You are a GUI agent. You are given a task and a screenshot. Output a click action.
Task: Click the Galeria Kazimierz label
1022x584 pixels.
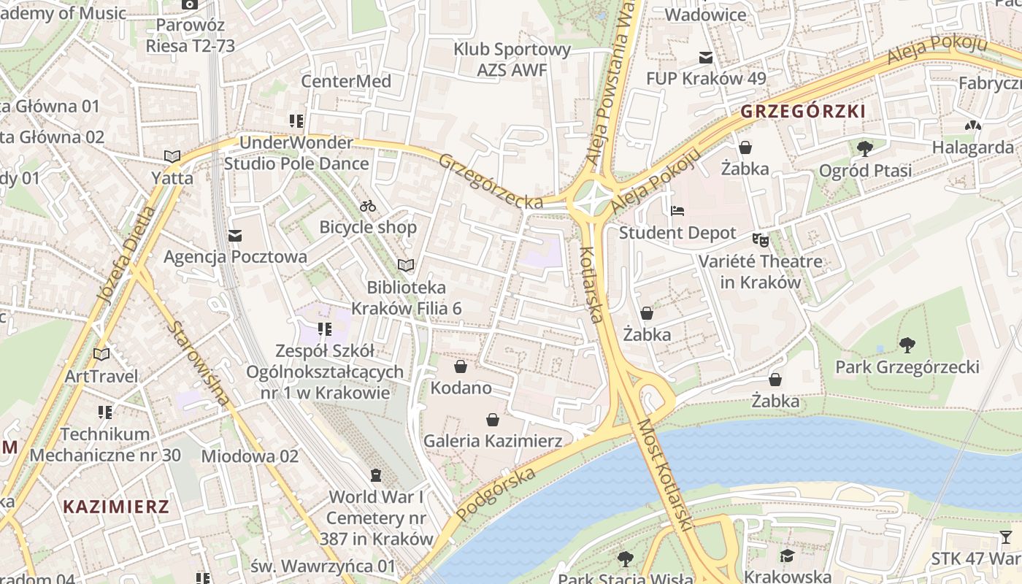tap(493, 441)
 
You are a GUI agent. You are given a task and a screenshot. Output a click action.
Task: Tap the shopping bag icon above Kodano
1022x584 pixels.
tap(461, 366)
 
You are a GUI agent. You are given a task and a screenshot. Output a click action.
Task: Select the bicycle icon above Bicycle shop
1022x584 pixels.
tap(368, 206)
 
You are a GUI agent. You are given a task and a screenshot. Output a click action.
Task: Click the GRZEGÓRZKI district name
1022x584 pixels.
tap(803, 112)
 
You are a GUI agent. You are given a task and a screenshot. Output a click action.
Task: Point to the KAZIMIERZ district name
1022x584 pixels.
tap(116, 507)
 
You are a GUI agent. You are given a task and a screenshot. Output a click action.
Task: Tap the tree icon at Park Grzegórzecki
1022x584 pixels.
tap(907, 345)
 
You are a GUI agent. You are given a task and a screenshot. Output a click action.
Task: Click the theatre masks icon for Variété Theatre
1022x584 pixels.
tap(761, 239)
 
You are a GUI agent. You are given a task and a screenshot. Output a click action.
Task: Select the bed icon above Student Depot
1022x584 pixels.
tap(677, 211)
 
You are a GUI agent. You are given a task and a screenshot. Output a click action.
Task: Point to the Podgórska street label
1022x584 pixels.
tap(496, 493)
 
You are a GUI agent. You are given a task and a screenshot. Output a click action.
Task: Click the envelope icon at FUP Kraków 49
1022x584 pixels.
tap(705, 57)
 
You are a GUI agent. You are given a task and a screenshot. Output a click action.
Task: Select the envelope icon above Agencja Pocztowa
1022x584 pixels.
tap(235, 236)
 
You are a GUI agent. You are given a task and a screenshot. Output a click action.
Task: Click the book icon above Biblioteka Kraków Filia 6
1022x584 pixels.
tap(406, 265)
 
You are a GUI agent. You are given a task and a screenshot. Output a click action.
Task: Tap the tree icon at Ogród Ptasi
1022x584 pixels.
tap(865, 149)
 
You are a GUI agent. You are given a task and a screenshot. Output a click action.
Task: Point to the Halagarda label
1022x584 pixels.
tap(972, 147)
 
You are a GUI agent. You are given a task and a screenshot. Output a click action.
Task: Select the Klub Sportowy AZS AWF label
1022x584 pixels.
tap(512, 60)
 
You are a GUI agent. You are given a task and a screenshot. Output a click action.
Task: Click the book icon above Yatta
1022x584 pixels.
tap(172, 156)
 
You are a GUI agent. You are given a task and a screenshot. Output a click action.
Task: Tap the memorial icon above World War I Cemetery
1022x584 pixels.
tap(376, 475)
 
